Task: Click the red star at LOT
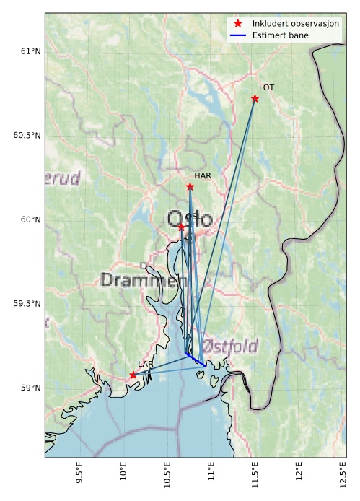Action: tap(255, 98)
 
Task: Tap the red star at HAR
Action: tap(190, 186)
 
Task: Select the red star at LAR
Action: tap(133, 375)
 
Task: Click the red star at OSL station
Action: tap(181, 227)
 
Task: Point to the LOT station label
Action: tap(267, 87)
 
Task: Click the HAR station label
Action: tap(202, 175)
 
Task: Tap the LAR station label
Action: tap(145, 365)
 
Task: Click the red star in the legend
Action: tap(238, 24)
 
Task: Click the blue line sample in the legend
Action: tap(238, 35)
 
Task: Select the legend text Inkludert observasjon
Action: tap(296, 24)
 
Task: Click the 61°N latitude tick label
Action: tap(27, 51)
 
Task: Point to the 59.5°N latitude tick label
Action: tap(24, 304)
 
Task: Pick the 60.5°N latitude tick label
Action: tap(24, 135)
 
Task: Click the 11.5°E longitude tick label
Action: tap(253, 477)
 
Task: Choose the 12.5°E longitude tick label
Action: tap(340, 477)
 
